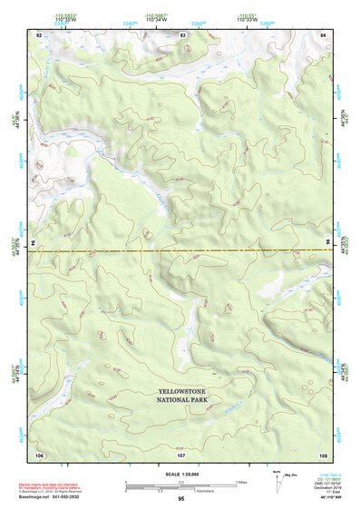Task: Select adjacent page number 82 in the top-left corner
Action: point(39,34)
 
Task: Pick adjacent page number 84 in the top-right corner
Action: point(323,34)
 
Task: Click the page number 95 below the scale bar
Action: point(181,499)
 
